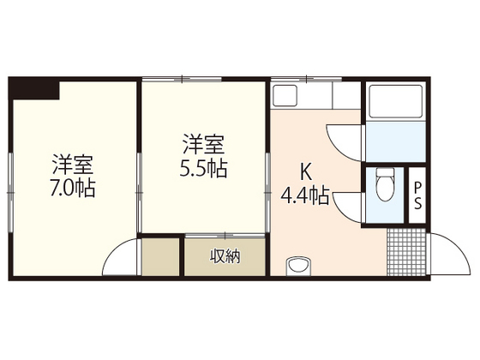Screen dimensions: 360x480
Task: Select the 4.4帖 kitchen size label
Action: click(x=304, y=195)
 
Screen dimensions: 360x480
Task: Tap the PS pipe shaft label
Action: click(x=417, y=195)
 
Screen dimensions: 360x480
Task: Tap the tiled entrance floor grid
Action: click(x=405, y=251)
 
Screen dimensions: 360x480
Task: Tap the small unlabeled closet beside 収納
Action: click(x=162, y=255)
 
